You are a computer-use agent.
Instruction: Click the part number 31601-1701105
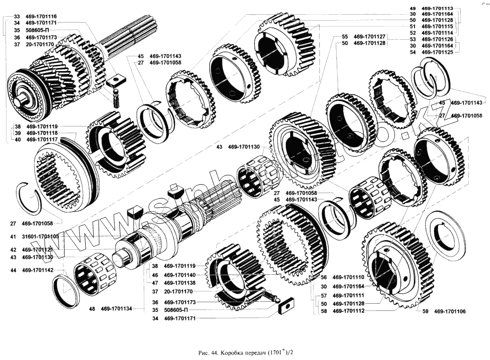coord(40,236)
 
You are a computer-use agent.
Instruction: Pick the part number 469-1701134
coord(117,309)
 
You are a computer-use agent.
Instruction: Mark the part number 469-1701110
coord(349,277)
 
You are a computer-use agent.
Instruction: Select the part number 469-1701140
coord(180,275)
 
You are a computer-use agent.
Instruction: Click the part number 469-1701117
coord(42,140)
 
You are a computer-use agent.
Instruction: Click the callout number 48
coord(92,309)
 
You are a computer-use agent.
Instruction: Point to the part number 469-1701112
coord(349,311)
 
